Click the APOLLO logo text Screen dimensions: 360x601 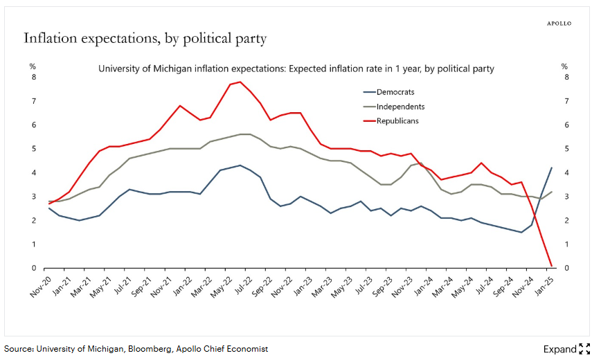[559, 23]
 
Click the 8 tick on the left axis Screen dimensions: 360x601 [33, 77]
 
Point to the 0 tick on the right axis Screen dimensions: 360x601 [566, 268]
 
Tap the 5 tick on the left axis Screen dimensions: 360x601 [33, 149]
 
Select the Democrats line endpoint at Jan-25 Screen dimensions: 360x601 [551, 168]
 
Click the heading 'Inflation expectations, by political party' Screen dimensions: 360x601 [145, 38]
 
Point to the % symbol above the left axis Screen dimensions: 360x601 [33, 66]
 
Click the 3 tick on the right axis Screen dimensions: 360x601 [566, 197]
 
